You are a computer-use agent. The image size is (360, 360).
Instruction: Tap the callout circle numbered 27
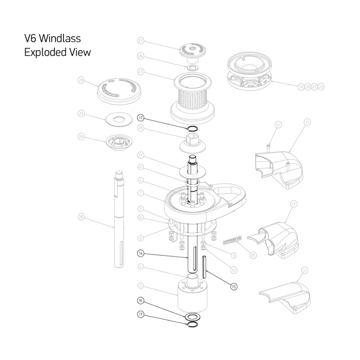tap(141, 41)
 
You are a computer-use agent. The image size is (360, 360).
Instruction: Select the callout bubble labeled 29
tap(81, 81)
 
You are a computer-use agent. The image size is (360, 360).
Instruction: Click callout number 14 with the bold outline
tap(141, 254)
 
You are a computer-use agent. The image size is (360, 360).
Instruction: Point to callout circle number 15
tap(234, 287)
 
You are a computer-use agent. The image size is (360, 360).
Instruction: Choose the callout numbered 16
tap(141, 300)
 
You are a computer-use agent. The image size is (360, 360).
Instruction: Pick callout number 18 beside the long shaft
tap(81, 217)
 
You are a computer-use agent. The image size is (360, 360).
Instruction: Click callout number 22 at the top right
tap(321, 87)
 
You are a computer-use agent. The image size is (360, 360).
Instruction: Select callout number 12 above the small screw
tap(278, 125)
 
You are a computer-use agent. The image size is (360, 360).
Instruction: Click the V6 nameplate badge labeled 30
tap(233, 239)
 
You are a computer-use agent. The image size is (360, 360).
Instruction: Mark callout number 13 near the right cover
tap(294, 204)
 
